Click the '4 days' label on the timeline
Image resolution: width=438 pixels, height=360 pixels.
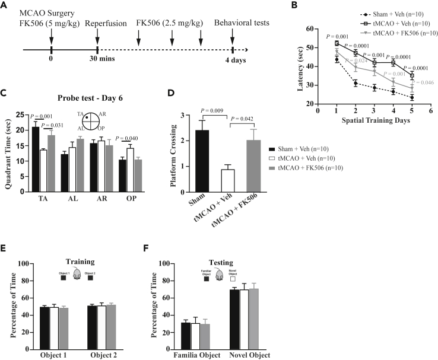[233, 62]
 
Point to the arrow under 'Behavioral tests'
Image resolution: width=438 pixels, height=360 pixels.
[233, 38]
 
